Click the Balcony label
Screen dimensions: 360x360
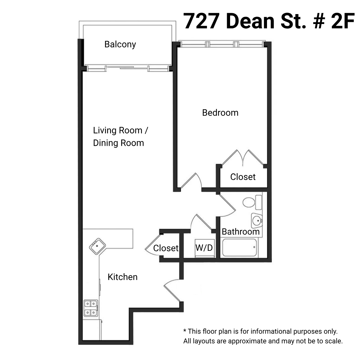coord(120,44)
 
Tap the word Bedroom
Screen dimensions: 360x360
coord(220,113)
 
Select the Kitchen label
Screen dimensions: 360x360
coord(122,277)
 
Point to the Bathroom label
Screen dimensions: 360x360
coord(241,232)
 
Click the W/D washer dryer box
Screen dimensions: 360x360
coord(204,248)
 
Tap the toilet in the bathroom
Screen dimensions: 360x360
coord(251,202)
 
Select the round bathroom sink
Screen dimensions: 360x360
coord(257,221)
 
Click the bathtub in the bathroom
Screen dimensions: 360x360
coord(240,248)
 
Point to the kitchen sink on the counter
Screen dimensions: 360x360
coord(97,247)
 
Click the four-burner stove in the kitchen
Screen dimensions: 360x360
coord(91,308)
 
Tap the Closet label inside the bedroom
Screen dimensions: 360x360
coord(243,177)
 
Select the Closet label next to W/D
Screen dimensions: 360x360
coord(166,248)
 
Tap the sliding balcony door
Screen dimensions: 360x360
coord(127,68)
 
